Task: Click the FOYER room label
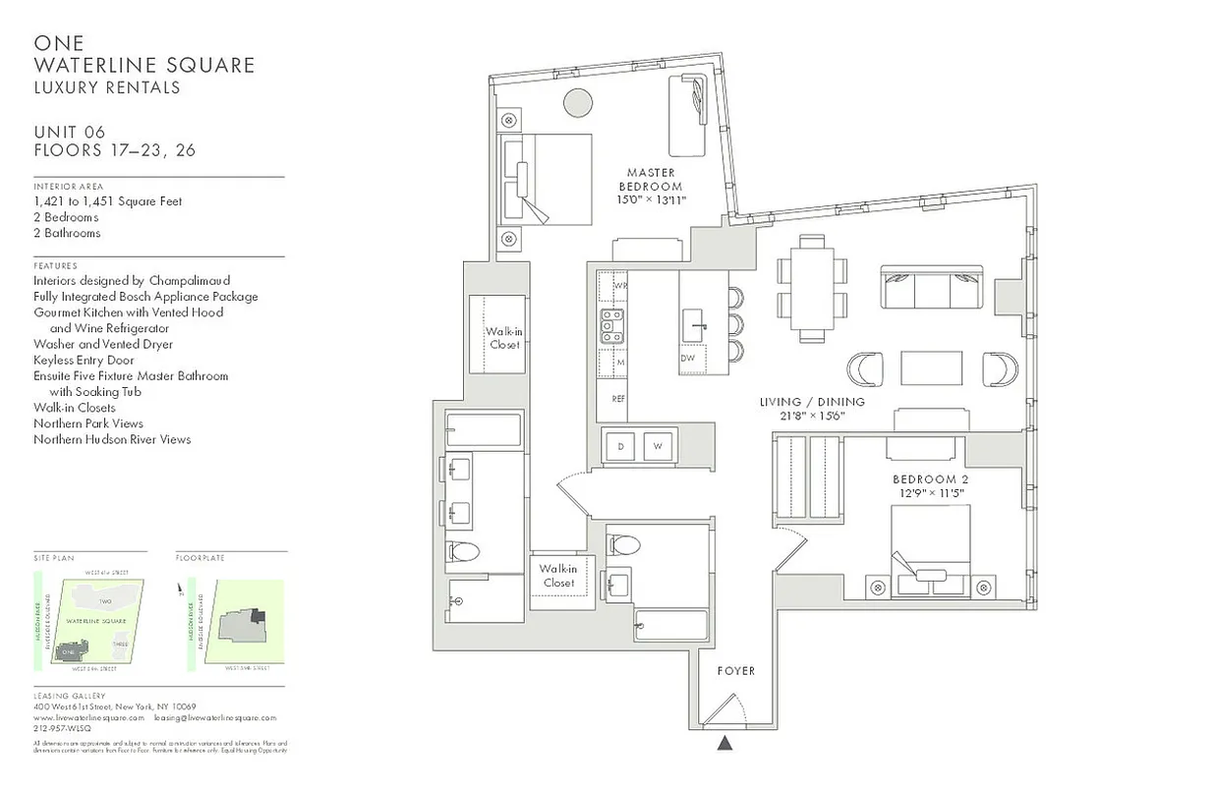(x=735, y=670)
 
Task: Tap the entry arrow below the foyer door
(x=725, y=744)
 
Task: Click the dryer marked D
(x=621, y=446)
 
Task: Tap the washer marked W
(x=658, y=446)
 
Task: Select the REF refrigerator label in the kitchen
(x=618, y=399)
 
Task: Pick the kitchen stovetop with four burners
(x=612, y=326)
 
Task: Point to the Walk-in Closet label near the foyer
(x=557, y=576)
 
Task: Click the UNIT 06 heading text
(x=69, y=133)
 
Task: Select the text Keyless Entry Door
(x=84, y=360)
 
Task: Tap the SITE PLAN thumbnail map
(x=89, y=622)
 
